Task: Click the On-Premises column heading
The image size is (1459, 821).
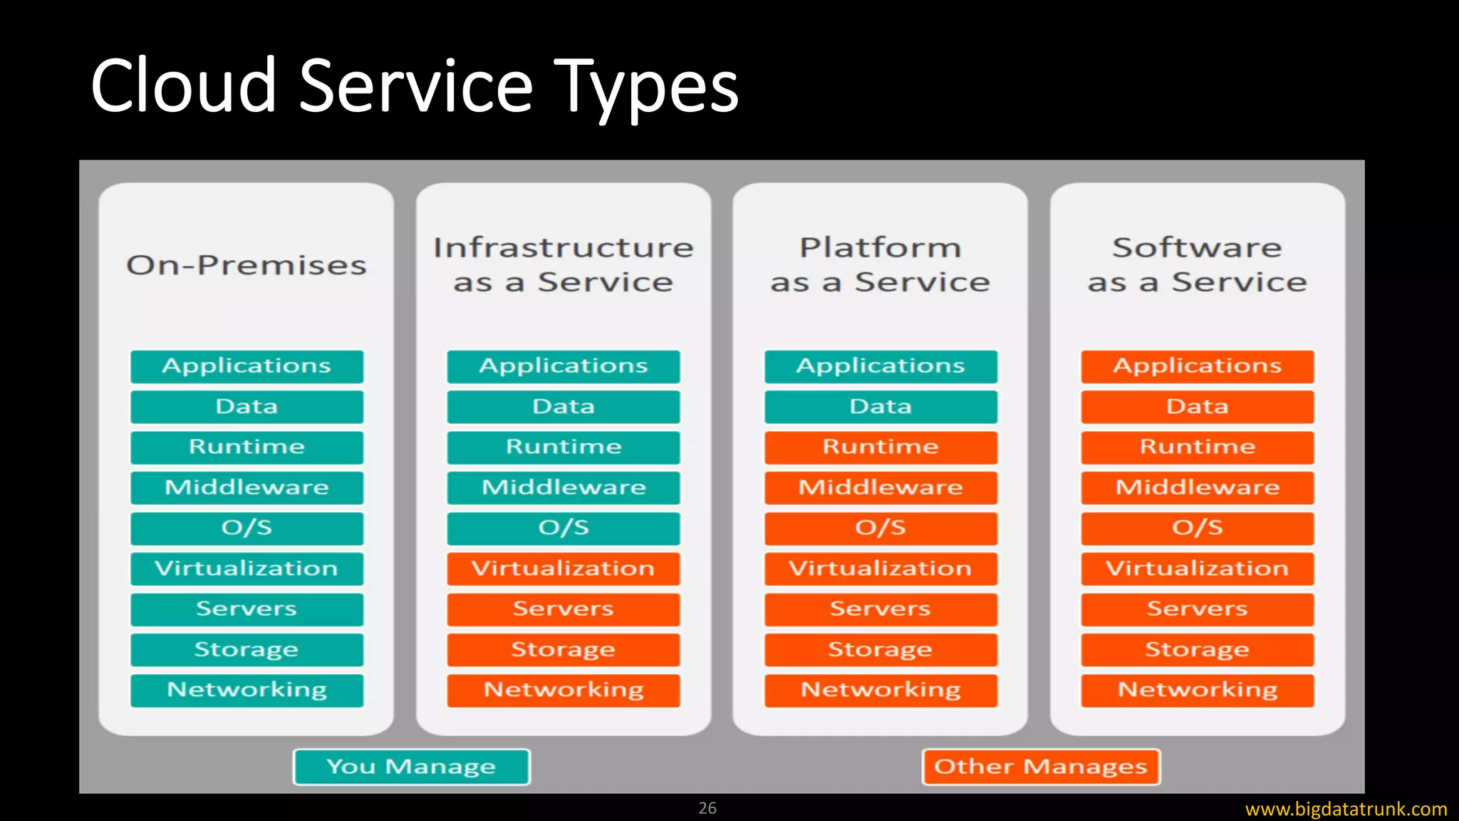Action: tap(246, 265)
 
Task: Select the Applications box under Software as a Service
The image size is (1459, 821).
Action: tap(1197, 366)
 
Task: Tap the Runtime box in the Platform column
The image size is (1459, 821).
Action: tap(881, 447)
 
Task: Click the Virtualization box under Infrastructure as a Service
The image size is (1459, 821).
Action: tap(563, 569)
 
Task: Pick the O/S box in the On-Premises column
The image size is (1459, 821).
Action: tap(246, 528)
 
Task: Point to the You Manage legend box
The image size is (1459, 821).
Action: tap(411, 767)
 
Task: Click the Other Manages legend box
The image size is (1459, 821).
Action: tap(1041, 767)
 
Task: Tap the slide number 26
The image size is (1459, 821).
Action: tap(707, 808)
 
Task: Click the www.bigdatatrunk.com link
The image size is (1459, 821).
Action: tap(1346, 810)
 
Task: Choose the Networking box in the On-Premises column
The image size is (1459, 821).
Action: tap(246, 690)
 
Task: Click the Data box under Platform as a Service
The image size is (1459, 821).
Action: tap(881, 407)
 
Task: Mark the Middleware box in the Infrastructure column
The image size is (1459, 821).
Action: tap(563, 487)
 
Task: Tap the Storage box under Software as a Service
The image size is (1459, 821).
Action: tap(1197, 650)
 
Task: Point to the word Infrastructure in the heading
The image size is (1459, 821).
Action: tap(563, 248)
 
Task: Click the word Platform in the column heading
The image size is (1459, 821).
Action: tap(881, 248)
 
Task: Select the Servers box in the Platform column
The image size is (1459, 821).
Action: tap(881, 609)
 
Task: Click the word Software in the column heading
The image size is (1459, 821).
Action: tap(1197, 248)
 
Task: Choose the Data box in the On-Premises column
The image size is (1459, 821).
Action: tap(246, 407)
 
